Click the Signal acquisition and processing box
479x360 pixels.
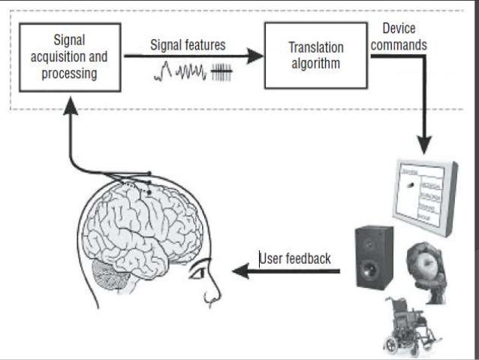[69, 57]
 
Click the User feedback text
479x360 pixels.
[295, 259]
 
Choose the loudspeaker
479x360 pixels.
[373, 258]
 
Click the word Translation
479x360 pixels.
[315, 47]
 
